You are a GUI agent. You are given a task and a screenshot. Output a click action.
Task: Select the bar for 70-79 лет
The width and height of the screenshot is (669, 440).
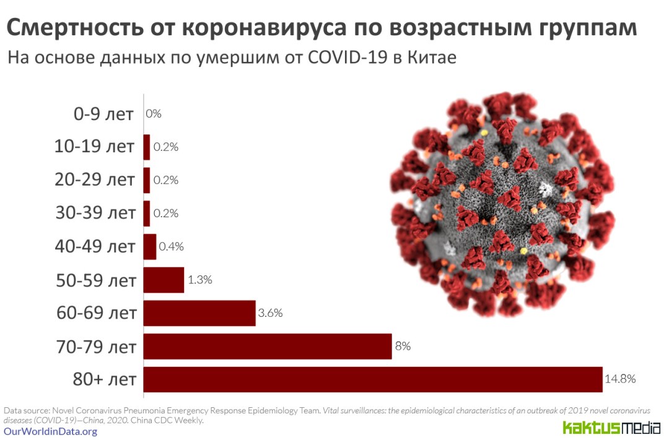click(268, 346)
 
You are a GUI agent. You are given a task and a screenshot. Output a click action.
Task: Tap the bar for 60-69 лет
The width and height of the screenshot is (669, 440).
click(199, 313)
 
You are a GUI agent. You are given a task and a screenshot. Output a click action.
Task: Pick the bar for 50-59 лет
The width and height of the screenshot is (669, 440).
click(164, 280)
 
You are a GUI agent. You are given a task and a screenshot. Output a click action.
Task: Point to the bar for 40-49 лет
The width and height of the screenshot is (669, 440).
click(150, 246)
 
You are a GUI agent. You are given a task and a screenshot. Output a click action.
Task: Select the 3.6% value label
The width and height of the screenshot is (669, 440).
click(270, 313)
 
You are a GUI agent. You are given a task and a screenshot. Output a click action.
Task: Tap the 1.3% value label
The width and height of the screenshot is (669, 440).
click(199, 280)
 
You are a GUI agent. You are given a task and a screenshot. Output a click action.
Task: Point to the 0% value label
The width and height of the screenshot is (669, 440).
click(154, 114)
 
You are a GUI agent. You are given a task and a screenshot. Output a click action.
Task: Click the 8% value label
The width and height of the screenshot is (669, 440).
click(403, 346)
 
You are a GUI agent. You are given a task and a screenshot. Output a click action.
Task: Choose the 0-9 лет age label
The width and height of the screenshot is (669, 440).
click(103, 114)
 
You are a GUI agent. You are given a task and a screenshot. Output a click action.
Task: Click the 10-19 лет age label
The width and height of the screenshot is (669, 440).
click(94, 147)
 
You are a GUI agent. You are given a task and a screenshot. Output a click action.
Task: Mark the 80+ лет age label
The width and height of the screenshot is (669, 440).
click(104, 379)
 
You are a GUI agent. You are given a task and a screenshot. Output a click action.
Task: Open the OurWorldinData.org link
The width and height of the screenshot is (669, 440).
click(50, 431)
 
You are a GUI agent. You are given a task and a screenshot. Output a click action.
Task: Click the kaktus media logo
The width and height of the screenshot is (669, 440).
click(611, 428)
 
